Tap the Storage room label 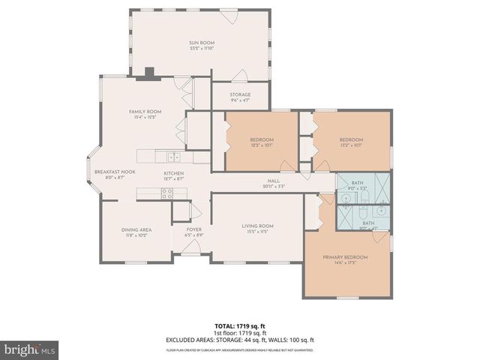coord(240,95)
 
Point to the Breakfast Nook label coord(115,172)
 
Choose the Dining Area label coord(137,231)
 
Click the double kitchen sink coord(173,157)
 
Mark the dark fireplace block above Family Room coord(149,73)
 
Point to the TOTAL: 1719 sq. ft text coord(239,327)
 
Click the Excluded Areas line coord(239,340)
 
